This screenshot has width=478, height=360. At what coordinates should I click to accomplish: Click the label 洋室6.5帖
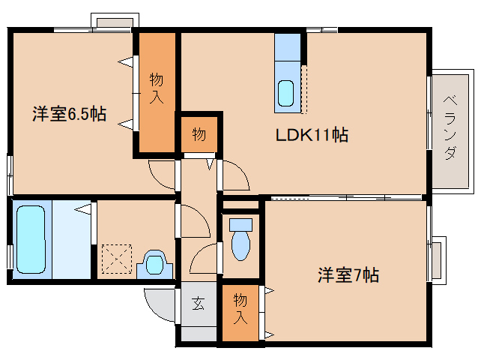pos(70,114)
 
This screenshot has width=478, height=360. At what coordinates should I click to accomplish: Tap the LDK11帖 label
pos(312,134)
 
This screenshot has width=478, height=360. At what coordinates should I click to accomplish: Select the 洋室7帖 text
pos(348,275)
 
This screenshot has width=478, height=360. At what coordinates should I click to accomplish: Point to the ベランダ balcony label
pos(450,127)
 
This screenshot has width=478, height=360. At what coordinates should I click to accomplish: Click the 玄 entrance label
pos(199,303)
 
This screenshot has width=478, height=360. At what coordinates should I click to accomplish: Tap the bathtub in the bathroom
pos(31,239)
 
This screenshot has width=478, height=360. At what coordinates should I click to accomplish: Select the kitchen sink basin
pos(286,93)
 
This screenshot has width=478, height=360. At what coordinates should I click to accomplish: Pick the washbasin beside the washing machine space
pos(155,264)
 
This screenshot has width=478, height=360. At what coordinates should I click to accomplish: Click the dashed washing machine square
pos(117,259)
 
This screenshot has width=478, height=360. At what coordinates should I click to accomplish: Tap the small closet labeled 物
pos(199,134)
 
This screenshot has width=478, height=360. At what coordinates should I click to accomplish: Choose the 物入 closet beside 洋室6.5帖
pos(157,92)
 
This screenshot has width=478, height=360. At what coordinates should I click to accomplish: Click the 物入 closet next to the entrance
pos(240,313)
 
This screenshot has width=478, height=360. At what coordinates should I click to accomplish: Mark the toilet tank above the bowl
pos(240,225)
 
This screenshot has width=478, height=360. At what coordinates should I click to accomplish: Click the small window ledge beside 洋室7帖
pos(438,261)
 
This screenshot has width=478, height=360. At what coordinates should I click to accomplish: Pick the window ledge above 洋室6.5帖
pos(115,22)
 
